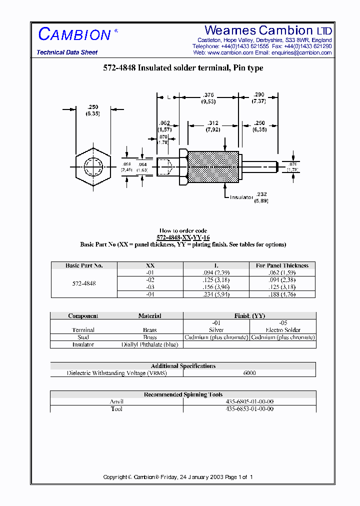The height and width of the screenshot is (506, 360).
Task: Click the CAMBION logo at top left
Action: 74,34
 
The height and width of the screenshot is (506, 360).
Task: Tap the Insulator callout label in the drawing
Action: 242,197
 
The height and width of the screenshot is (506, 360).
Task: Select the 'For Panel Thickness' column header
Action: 282,265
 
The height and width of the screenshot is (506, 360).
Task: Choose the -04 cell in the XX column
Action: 150,294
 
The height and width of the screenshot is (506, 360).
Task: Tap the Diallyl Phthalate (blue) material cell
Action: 149,344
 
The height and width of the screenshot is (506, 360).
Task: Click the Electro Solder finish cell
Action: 282,330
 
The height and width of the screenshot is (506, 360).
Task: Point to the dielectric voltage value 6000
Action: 249,373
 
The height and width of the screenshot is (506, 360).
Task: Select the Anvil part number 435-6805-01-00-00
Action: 249,401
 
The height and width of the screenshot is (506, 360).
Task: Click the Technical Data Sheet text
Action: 67,52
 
